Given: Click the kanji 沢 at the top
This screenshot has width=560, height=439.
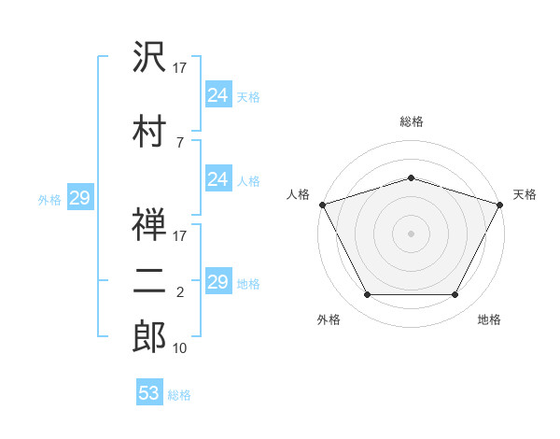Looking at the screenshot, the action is pos(149,56).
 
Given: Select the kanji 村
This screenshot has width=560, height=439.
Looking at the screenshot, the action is pos(149,131).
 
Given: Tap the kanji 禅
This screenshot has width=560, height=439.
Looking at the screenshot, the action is pos(149,224).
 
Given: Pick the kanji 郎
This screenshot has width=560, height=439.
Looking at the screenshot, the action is pos(149,336).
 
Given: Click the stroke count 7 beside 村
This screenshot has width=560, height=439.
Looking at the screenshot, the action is pos(180,143).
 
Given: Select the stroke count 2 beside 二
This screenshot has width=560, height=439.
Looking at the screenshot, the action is pos(180,292).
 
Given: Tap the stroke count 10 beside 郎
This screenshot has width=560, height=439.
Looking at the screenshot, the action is pos(179,348).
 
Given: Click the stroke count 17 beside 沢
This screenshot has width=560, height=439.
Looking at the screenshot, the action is pos(179,68).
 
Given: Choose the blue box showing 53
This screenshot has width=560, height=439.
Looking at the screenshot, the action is pos(149,391).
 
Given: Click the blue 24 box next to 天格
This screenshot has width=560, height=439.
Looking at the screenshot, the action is pos(219,94).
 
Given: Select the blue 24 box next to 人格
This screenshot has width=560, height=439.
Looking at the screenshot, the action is pos(219,178).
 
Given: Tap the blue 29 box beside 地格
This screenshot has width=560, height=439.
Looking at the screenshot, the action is pos(219,280).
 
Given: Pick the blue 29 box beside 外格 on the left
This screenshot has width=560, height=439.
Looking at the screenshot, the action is pos(80,197).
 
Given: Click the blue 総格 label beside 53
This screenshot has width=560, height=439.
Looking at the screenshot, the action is pos(179,395).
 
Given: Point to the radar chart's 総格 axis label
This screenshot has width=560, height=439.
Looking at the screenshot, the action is pos(412,121).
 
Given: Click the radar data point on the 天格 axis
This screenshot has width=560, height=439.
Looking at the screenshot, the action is pos(500,205).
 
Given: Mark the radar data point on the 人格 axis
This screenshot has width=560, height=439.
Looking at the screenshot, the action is pos(323,205).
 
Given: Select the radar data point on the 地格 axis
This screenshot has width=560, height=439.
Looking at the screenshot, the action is pos(455,295).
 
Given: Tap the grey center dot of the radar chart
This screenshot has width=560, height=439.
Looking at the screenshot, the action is pos(411,234).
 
